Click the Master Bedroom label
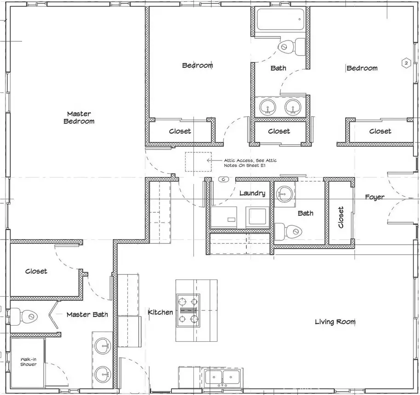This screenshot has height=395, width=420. (79, 118)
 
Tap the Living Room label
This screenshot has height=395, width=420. (335, 321)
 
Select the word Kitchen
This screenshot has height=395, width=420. (160, 312)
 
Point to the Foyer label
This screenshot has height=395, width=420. (375, 197)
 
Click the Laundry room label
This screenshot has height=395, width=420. (252, 193)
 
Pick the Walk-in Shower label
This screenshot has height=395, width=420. (28, 362)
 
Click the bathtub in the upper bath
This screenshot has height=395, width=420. (280, 20)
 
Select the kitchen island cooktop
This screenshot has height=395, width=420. (188, 310)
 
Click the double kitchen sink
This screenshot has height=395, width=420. (222, 377)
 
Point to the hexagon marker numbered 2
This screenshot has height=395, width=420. (406, 63)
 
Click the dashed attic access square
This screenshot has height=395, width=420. (198, 162)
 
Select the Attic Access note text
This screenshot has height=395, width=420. (250, 163)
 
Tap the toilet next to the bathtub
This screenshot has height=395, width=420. (292, 47)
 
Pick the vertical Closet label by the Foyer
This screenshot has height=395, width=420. (341, 218)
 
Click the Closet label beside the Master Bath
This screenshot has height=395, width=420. (36, 271)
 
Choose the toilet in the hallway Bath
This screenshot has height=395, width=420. (289, 232)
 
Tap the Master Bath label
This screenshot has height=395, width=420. (87, 315)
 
